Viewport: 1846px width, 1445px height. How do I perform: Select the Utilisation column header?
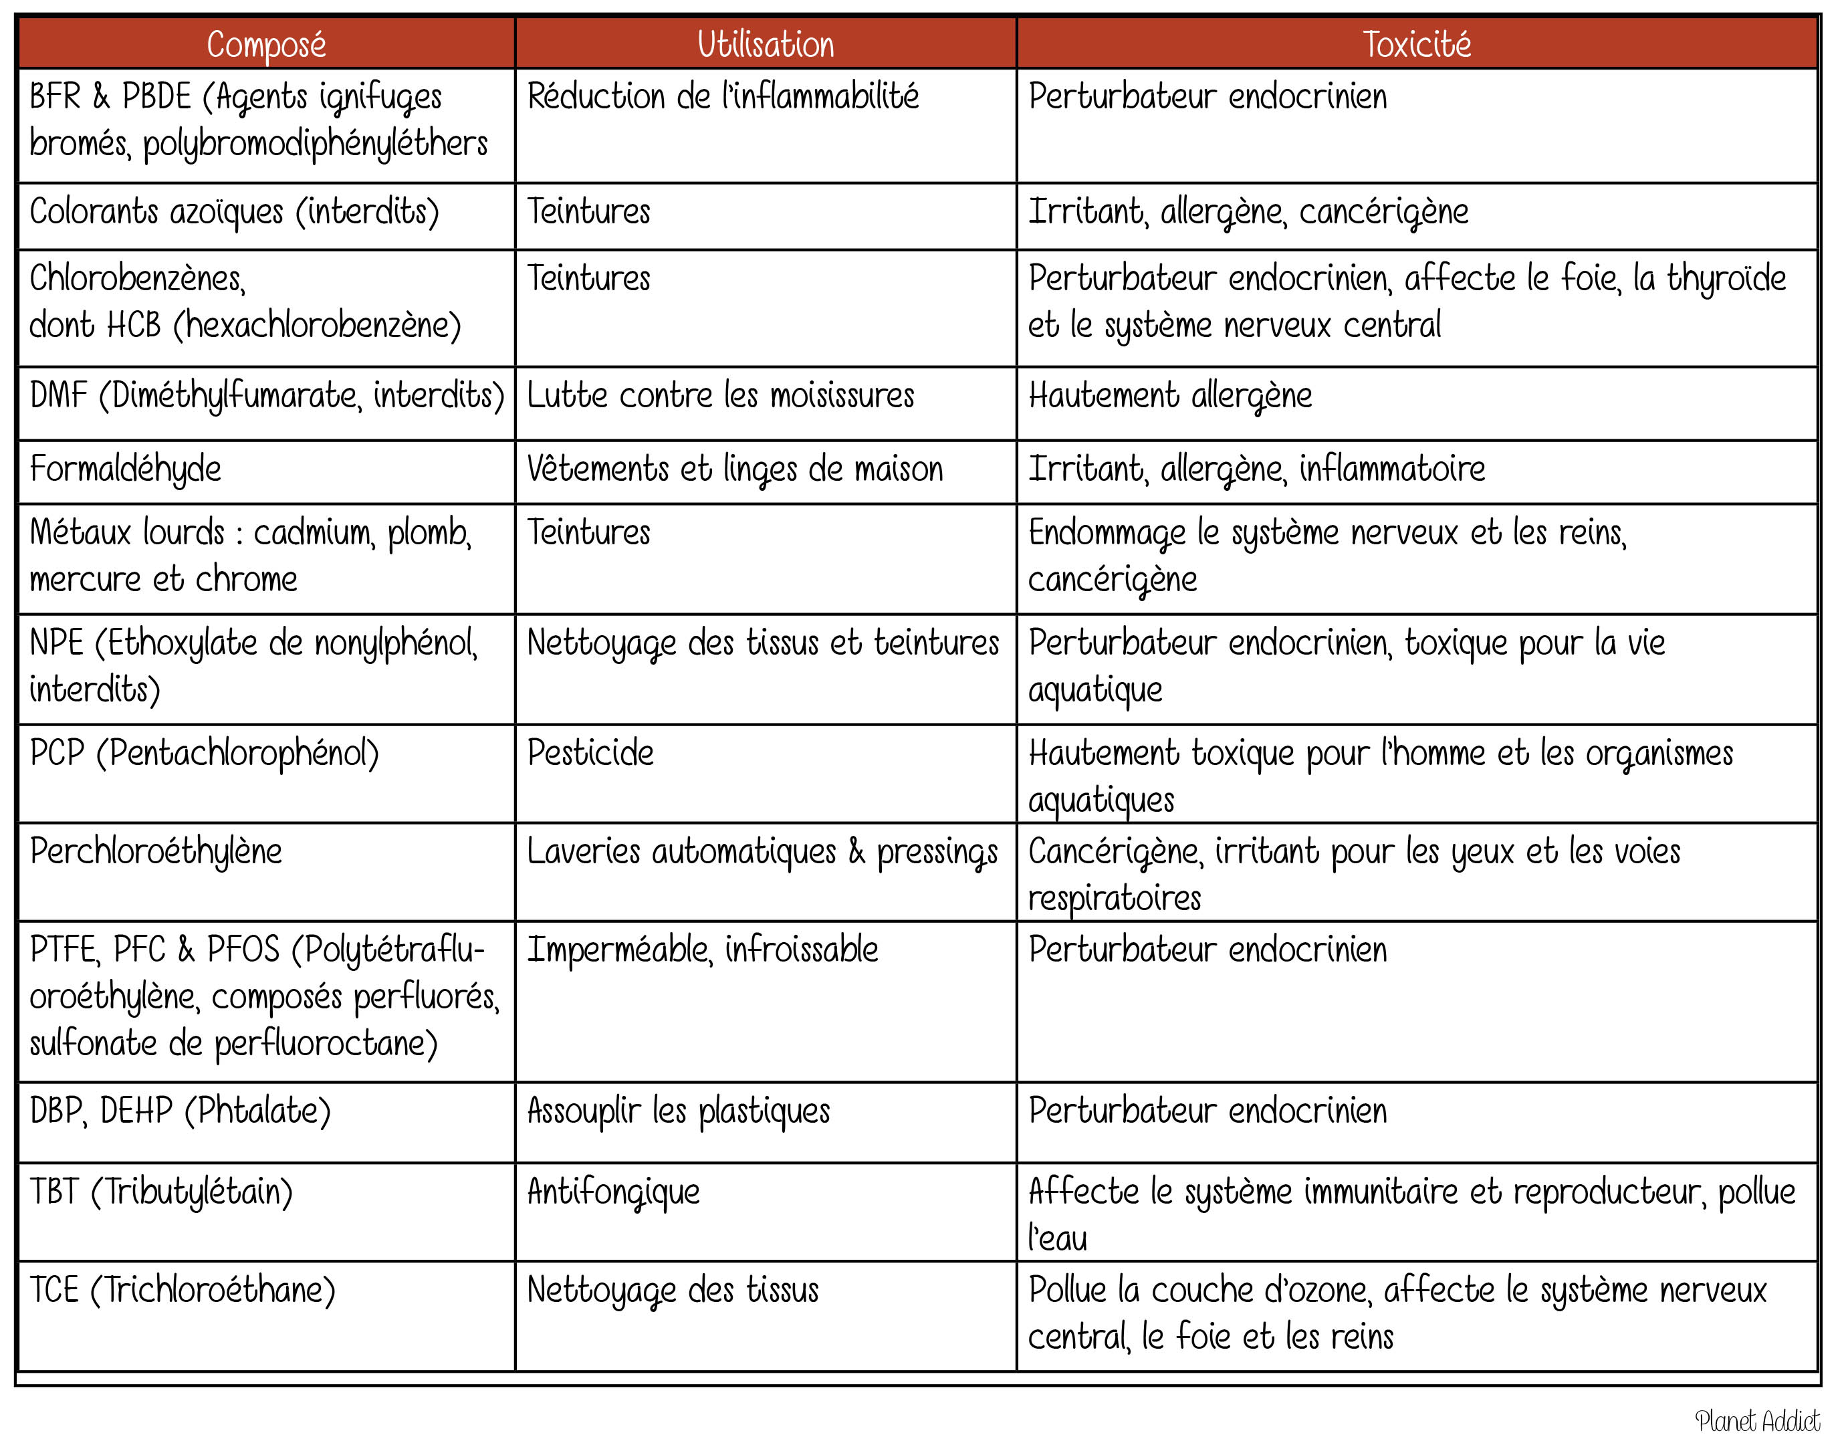765,44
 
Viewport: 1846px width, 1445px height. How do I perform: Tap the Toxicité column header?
1416,44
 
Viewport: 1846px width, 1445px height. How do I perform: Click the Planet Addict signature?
1756,1420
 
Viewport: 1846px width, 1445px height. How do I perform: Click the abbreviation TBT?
54,1191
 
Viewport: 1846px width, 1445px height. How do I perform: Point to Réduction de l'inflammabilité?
723,96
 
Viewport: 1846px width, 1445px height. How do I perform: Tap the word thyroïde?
1726,278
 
